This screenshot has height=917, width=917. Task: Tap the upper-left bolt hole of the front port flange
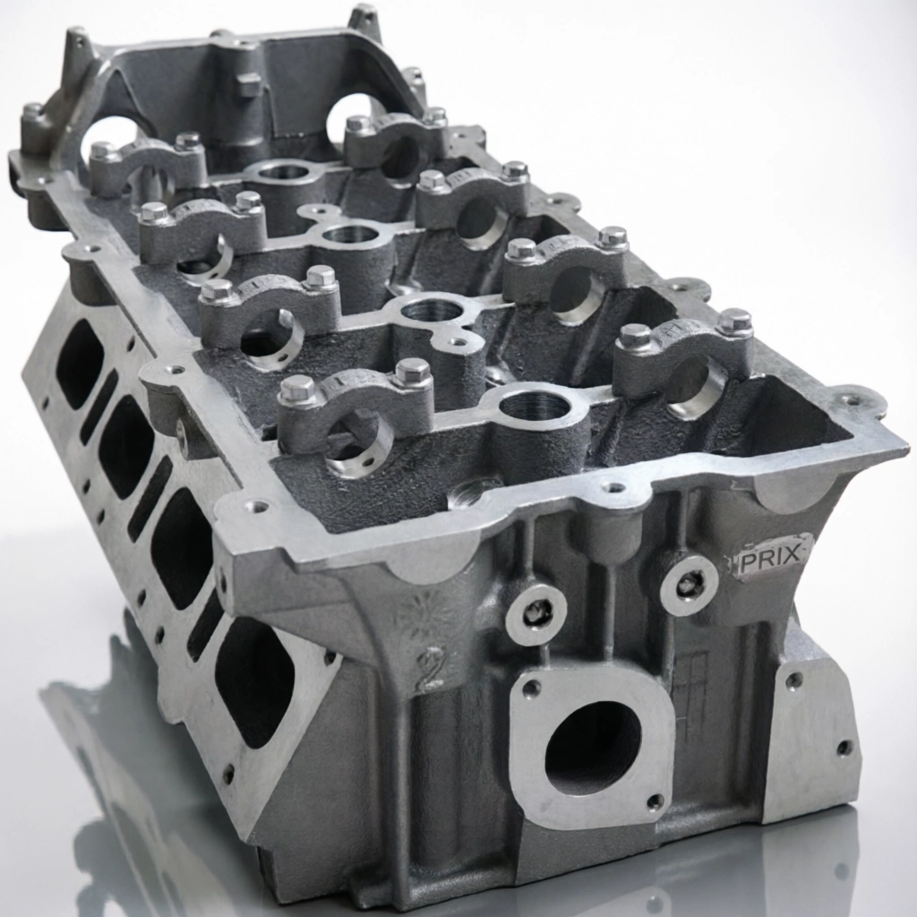pyautogui.click(x=531, y=689)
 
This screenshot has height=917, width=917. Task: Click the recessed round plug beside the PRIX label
pyautogui.click(x=690, y=582)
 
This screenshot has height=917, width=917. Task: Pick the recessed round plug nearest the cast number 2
pyautogui.click(x=536, y=612)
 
